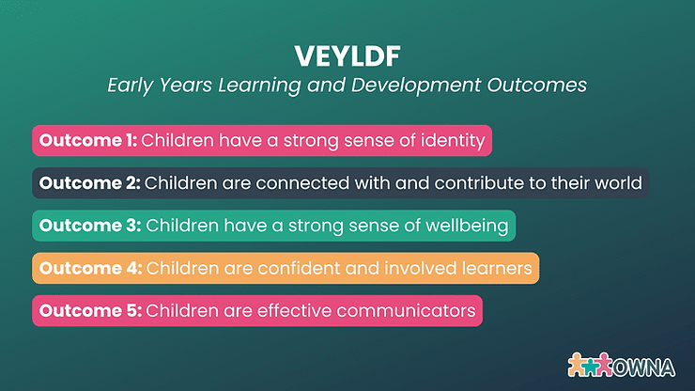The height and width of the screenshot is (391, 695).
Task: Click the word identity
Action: click(x=451, y=141)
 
